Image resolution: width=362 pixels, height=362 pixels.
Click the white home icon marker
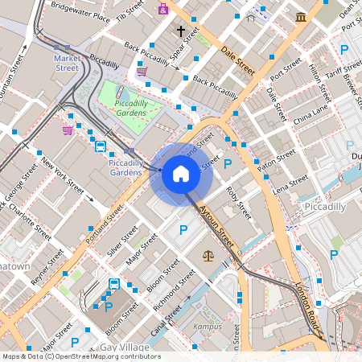point(181,173)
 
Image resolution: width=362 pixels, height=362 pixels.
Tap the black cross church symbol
point(181,31)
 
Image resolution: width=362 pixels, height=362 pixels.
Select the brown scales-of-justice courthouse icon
point(208,255)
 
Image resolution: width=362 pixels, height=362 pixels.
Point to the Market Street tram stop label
point(67,63)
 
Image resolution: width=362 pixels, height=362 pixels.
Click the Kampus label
point(208,327)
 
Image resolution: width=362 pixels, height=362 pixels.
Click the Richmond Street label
point(175,291)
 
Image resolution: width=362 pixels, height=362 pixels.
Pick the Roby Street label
point(238,202)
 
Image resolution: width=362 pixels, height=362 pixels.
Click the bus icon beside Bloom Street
point(114,283)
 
